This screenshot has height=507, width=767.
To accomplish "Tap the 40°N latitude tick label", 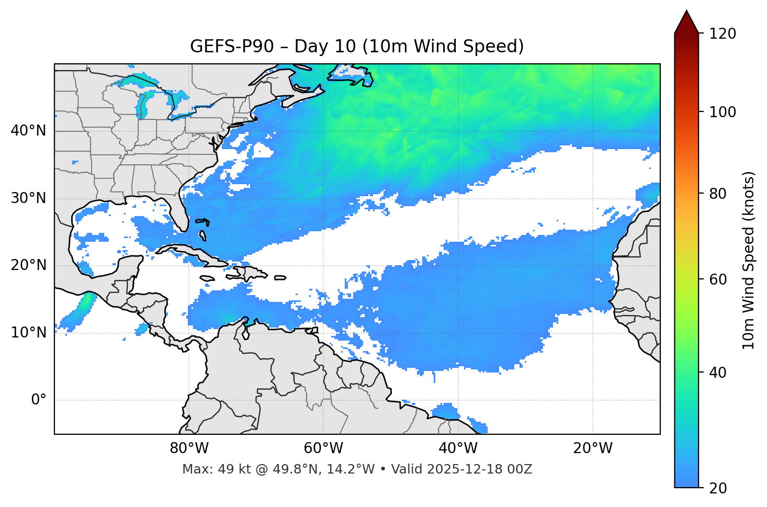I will pyautogui.click(x=28, y=131).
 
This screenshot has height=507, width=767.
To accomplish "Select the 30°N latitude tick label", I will pyautogui.click(x=28, y=198).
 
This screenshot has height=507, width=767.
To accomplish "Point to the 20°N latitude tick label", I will pyautogui.click(x=28, y=265).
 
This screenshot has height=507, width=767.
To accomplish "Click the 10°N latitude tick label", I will pyautogui.click(x=28, y=333).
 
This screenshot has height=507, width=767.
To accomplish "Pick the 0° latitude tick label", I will pyautogui.click(x=39, y=400).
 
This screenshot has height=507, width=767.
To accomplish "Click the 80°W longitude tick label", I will pyautogui.click(x=189, y=448).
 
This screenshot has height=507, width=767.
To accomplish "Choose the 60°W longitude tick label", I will pyautogui.click(x=323, y=448).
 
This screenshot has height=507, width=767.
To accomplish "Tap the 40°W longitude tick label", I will pyautogui.click(x=458, y=448).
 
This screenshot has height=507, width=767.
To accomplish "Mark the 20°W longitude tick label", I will pyautogui.click(x=592, y=448).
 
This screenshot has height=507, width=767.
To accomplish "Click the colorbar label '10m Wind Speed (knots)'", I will pyautogui.click(x=749, y=260).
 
